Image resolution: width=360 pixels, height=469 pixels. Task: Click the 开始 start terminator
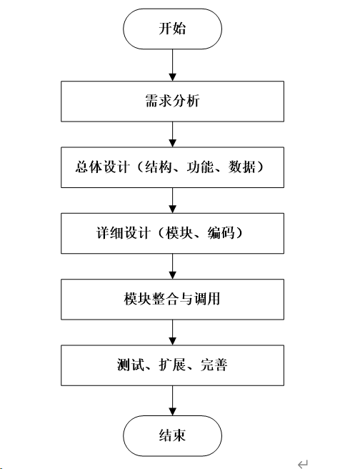172,29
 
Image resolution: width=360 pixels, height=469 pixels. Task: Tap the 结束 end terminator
172,435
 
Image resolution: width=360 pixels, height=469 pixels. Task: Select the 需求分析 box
172,101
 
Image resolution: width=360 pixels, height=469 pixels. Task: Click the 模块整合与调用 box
172,300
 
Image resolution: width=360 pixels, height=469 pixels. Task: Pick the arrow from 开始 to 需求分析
172,65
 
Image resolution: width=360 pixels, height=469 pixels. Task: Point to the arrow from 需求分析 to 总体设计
172,134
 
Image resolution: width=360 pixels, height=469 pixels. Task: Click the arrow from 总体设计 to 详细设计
172,200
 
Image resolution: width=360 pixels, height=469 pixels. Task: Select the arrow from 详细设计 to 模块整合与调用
172,267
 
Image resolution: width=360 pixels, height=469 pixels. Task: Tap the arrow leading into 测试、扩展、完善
172,332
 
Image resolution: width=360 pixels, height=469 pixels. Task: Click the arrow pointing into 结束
172,400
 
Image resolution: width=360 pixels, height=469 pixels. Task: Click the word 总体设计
102,167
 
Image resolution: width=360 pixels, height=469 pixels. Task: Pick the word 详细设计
123,233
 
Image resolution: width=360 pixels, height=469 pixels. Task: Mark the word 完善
214,365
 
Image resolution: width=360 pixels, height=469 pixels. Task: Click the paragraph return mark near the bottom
303,464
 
